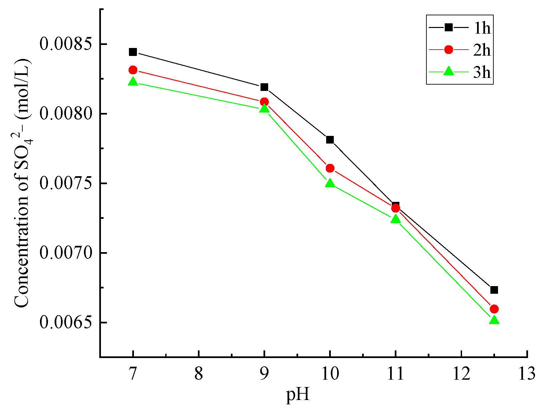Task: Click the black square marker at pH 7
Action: click(133, 52)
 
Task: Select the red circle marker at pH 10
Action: click(330, 168)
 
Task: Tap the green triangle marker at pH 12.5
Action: click(494, 320)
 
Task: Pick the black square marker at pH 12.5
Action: click(494, 290)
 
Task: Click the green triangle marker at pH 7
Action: click(133, 82)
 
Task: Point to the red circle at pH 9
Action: click(264, 102)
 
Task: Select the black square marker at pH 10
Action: click(330, 140)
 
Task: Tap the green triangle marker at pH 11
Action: click(395, 219)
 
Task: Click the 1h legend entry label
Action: click(482, 28)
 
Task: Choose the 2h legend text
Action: click(482, 50)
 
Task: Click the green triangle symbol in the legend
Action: click(449, 71)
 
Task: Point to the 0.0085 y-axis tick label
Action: click(66, 44)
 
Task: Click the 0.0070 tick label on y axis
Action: click(66, 253)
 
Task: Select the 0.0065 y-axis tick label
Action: click(66, 322)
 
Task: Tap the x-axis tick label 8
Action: click(199, 373)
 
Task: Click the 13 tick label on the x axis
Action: click(527, 373)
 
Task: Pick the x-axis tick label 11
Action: click(395, 373)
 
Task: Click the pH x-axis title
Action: click(298, 395)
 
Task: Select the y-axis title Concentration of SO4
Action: click(23, 183)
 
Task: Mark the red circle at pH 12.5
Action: click(494, 309)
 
